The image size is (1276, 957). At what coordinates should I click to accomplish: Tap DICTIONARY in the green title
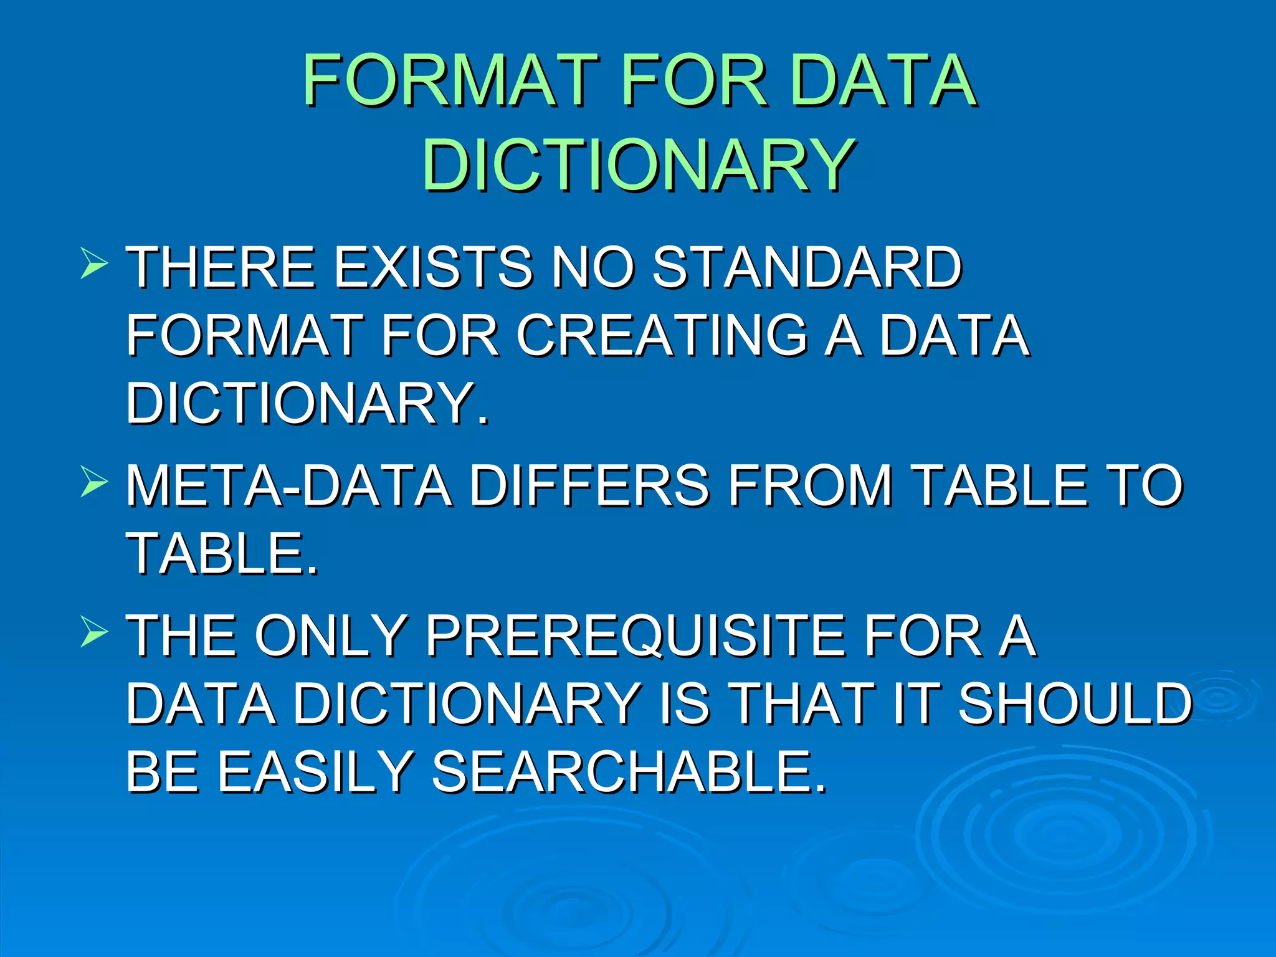[x=638, y=164]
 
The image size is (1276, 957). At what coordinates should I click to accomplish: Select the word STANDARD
[x=807, y=267]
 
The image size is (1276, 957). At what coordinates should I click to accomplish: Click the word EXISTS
[x=434, y=267]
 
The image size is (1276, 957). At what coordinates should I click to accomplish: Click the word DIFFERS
[x=589, y=486]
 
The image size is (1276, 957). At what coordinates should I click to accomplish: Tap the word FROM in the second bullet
[x=811, y=486]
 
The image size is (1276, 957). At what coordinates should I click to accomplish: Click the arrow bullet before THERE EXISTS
[x=94, y=264]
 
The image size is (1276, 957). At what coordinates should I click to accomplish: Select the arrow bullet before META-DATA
[x=94, y=483]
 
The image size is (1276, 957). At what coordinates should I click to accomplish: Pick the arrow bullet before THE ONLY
[x=94, y=633]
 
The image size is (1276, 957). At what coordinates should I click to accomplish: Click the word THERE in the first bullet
[x=221, y=267]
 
